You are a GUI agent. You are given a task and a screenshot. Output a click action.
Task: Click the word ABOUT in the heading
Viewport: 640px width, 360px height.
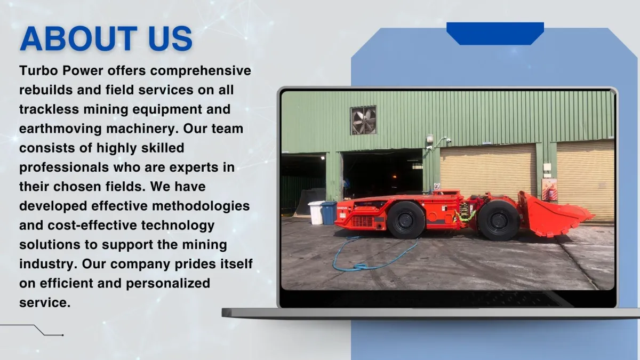(78, 38)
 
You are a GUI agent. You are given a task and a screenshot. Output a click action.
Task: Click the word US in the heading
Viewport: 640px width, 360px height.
(170, 38)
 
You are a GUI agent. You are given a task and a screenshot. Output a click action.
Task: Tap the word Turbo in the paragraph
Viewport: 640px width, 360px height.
(38, 70)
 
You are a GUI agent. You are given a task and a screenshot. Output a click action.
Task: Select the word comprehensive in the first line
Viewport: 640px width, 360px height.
(201, 71)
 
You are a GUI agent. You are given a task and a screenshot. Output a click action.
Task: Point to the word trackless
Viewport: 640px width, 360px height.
(49, 109)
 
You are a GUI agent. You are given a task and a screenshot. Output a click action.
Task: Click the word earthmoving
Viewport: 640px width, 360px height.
(60, 129)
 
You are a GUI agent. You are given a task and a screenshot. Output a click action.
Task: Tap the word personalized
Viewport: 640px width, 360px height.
(168, 284)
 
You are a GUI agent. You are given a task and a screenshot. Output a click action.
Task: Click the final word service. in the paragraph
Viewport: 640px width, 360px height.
(45, 303)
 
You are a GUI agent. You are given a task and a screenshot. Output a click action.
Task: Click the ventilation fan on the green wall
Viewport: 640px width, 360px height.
(363, 120)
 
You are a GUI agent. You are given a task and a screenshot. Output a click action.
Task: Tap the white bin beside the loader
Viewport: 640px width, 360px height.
(316, 213)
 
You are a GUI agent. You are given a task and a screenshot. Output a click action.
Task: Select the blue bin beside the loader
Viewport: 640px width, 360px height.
(329, 213)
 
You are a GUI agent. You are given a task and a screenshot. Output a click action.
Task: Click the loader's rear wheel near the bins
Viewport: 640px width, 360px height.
(406, 220)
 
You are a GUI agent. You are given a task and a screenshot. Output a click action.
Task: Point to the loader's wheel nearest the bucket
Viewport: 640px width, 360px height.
(499, 220)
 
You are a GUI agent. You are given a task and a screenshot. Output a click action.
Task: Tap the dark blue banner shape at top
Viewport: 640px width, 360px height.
(495, 34)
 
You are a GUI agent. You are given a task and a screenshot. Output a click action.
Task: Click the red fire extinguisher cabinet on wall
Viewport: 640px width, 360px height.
(549, 189)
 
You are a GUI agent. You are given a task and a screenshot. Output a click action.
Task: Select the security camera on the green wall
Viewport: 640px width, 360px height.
(447, 140)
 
